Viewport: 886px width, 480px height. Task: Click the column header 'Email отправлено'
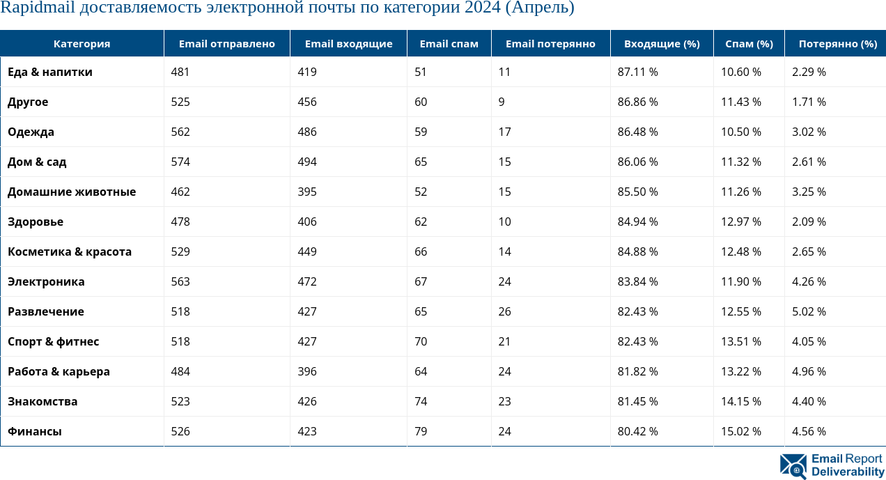click(226, 44)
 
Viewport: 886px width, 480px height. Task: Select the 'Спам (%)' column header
click(749, 44)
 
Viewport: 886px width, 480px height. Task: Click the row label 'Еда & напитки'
click(50, 72)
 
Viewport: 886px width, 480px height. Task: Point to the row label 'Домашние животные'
click(72, 192)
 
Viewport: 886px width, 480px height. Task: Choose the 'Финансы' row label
click(35, 432)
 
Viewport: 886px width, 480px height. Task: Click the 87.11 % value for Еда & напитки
click(637, 72)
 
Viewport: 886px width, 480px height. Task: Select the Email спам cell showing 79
click(421, 432)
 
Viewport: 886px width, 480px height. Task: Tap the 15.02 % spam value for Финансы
click(740, 432)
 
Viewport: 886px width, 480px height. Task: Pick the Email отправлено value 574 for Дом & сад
click(180, 162)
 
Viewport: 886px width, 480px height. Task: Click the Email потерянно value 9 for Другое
click(502, 102)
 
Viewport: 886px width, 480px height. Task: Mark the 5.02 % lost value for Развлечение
click(809, 312)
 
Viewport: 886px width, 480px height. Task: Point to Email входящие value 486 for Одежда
click(306, 132)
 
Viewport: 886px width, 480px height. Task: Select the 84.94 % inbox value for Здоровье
click(637, 222)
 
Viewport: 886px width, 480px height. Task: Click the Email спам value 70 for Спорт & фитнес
click(421, 342)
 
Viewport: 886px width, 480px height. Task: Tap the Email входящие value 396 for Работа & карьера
click(306, 372)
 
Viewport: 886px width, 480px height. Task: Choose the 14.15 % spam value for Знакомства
click(740, 402)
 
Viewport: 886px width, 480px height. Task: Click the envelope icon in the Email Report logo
click(793, 465)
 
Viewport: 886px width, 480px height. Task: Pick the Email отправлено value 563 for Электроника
click(180, 282)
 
